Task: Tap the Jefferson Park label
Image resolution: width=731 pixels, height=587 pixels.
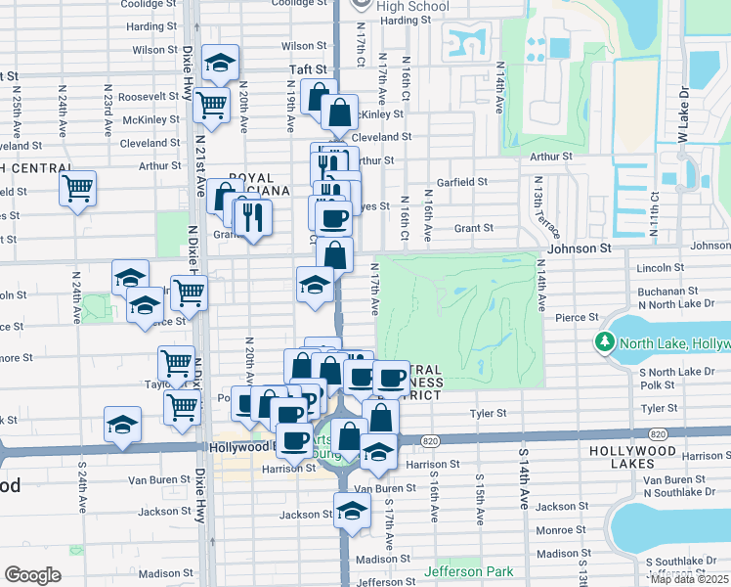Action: coord(466,570)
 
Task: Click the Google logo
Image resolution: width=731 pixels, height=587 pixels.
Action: coord(32,575)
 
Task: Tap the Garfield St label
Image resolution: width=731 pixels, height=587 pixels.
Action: coord(462,182)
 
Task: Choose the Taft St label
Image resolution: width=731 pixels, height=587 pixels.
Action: coord(307,69)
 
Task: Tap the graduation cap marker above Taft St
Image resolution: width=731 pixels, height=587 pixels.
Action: coord(221,64)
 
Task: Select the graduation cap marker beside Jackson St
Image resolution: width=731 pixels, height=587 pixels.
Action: coord(352,510)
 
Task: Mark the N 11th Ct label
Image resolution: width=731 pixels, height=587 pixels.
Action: coord(655,214)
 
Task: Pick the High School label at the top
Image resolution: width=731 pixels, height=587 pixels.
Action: coord(412,8)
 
